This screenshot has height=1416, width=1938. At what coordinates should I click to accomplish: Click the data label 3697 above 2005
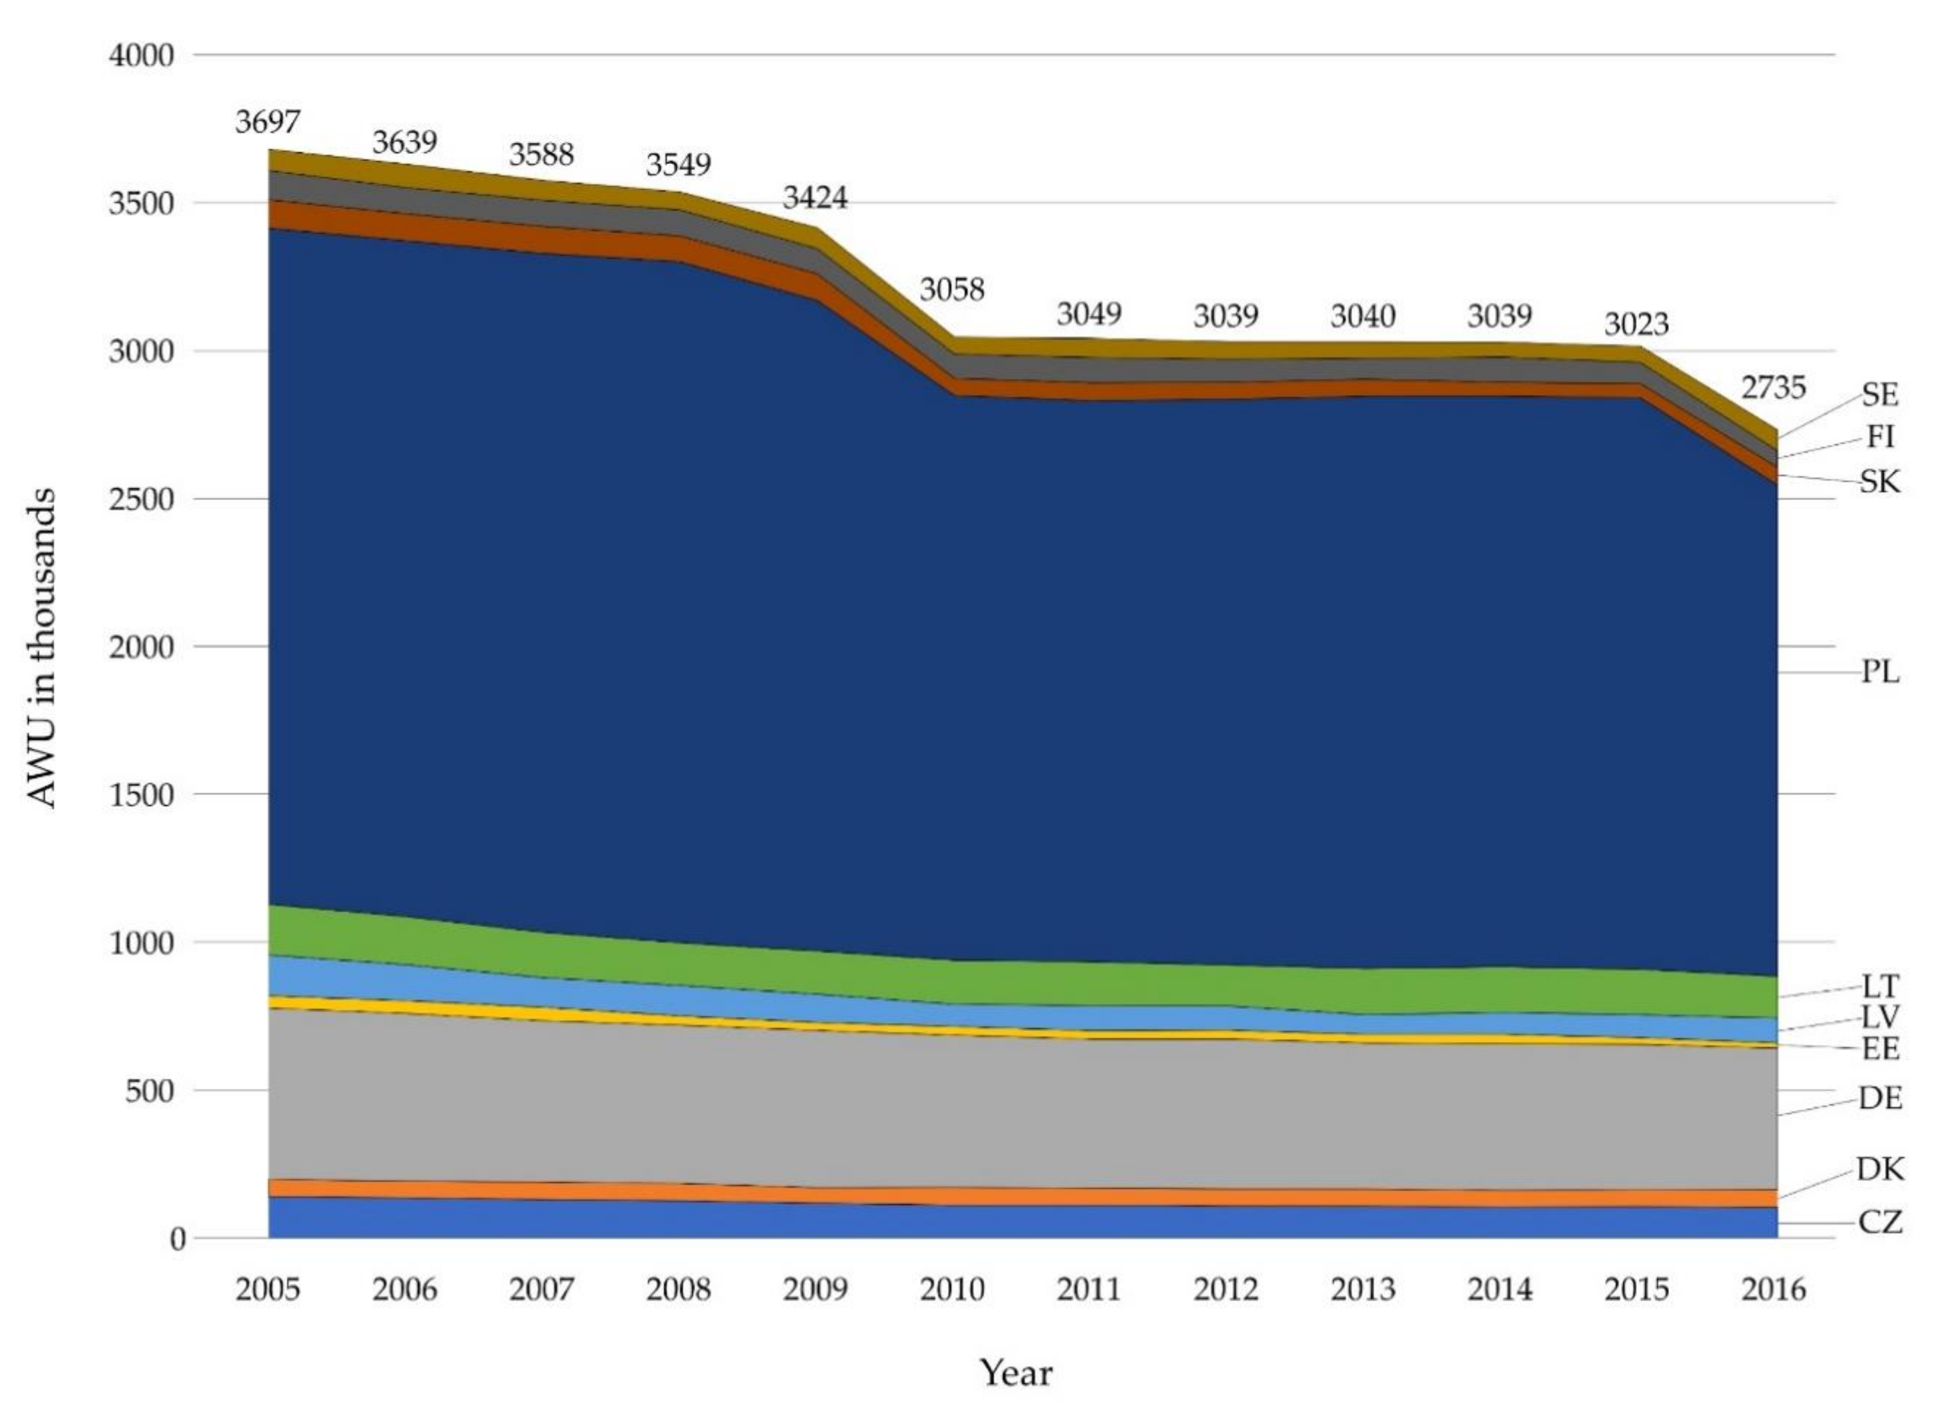coord(268,123)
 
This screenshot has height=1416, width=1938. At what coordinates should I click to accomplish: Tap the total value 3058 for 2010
coord(952,290)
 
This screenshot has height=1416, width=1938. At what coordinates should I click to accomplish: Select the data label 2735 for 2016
coord(1773,388)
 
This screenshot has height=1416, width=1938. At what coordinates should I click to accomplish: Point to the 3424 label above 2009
coord(815,198)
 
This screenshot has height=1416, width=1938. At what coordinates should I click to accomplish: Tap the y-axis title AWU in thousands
coord(41,648)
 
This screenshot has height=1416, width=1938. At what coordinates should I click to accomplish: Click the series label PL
coord(1880,673)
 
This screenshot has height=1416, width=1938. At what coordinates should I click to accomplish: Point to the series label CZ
coord(1880,1222)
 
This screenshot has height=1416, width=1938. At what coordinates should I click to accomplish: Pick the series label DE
coord(1880,1098)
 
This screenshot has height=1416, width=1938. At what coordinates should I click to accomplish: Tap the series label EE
coord(1880,1048)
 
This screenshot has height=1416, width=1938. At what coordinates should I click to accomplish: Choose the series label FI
coord(1880,437)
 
